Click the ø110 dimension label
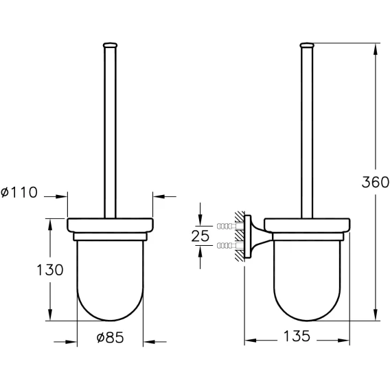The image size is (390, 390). point(19,192)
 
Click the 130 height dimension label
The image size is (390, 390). point(50,270)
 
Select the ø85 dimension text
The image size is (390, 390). point(110,338)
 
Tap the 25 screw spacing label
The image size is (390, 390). point(200,236)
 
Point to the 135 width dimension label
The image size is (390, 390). point(297,336)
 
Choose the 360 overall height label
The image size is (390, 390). point(376,182)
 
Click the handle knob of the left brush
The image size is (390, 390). point(110,45)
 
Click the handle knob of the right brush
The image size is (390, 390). point(307,45)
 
